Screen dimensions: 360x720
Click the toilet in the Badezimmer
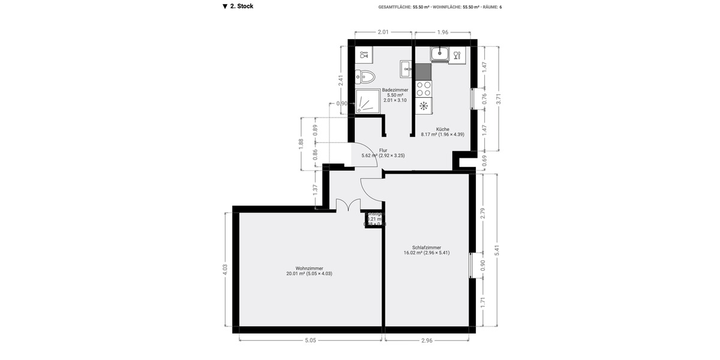[365, 76]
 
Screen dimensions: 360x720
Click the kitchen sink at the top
[440, 55]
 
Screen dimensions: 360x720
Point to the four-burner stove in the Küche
[423, 89]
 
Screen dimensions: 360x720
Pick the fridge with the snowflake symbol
[423, 106]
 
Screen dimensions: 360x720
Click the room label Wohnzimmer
[309, 268]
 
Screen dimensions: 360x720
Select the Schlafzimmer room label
[427, 247]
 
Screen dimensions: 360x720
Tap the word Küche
[443, 129]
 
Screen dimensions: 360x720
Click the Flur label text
[383, 151]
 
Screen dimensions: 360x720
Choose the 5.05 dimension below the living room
[310, 340]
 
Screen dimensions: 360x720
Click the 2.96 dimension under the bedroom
[427, 340]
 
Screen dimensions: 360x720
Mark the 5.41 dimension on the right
[497, 251]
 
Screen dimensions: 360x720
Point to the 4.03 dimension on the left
[225, 270]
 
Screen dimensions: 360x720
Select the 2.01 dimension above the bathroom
[383, 32]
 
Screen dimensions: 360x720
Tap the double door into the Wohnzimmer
[345, 206]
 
